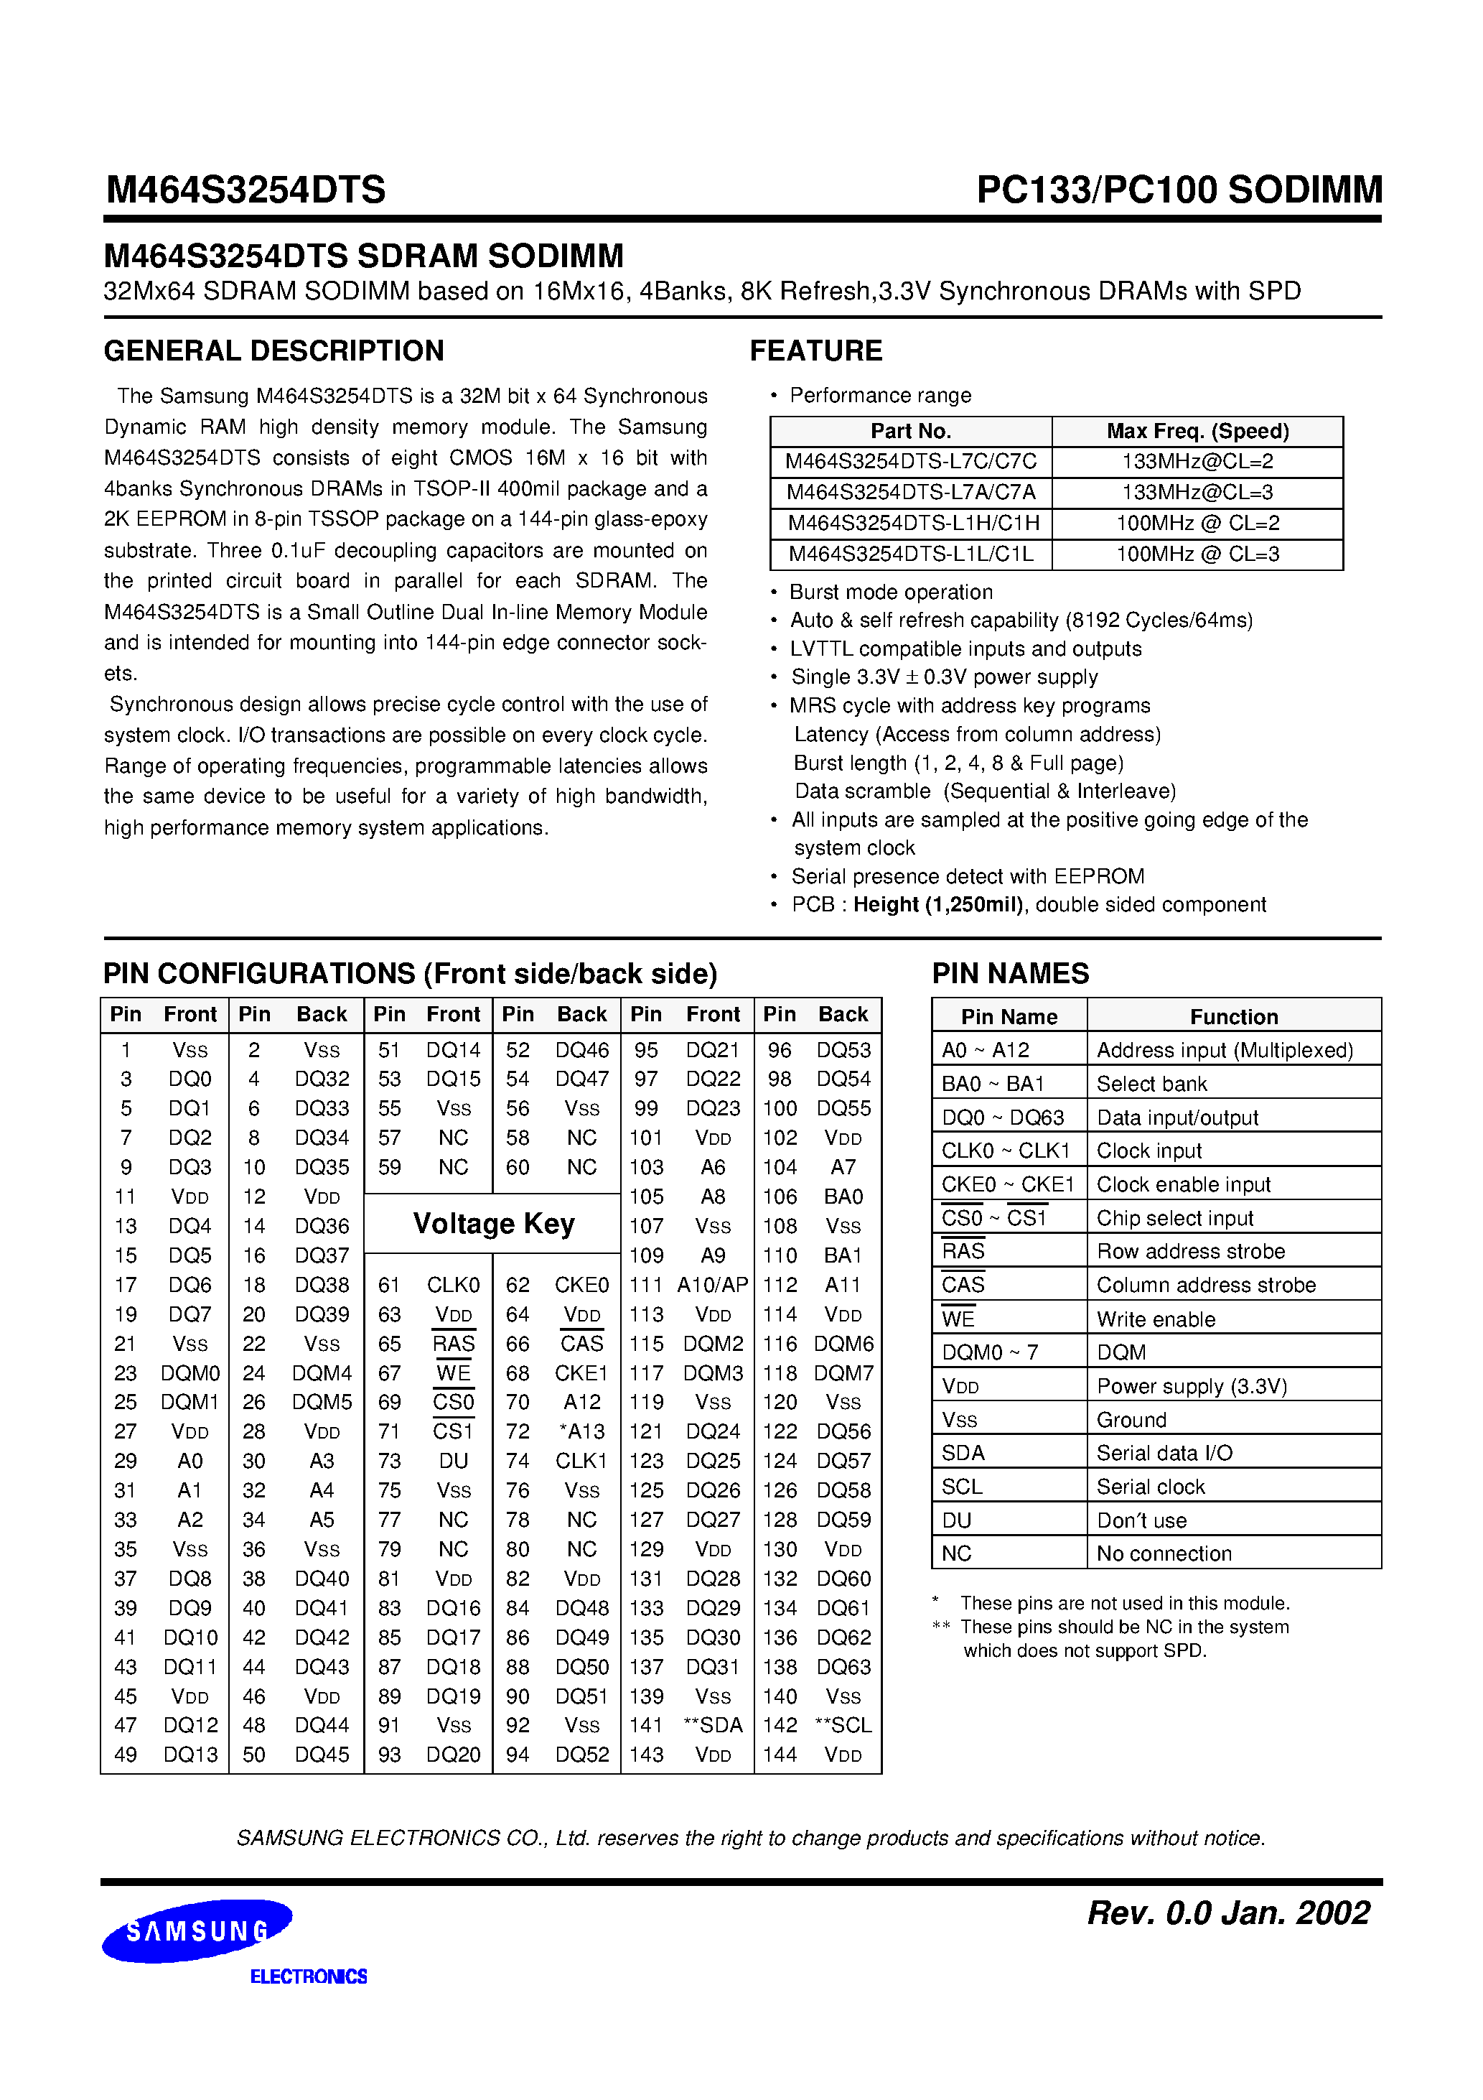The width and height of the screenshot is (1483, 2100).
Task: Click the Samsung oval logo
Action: tap(197, 1930)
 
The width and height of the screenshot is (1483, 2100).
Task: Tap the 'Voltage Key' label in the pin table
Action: tap(494, 1224)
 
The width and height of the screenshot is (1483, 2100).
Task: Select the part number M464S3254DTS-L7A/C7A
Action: tap(911, 493)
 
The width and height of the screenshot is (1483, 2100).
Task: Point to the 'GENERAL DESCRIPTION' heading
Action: tap(274, 351)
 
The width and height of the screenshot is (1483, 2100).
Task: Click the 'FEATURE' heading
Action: tap(815, 351)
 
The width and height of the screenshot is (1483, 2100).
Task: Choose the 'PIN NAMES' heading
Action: tap(1010, 973)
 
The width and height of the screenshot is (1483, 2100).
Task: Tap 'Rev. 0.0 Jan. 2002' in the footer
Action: tap(1228, 1913)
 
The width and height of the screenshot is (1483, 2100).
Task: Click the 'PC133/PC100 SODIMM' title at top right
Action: tap(1179, 190)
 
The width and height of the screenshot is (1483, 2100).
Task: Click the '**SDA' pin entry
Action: tap(714, 1725)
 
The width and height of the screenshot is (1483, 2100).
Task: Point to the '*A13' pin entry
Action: tap(581, 1431)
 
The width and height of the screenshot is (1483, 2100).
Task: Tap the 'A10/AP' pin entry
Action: tap(714, 1285)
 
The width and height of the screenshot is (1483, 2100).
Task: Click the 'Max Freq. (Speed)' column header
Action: tap(1198, 432)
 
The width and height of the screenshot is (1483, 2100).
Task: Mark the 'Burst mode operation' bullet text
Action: tap(891, 593)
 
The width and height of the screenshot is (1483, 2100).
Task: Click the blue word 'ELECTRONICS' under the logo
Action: tap(309, 1976)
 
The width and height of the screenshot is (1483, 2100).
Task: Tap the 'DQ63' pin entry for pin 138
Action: tap(844, 1666)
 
